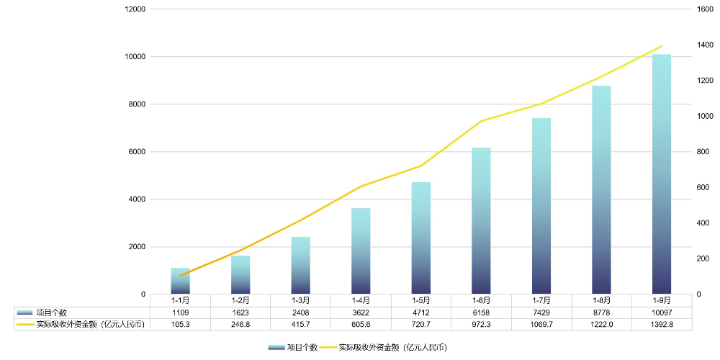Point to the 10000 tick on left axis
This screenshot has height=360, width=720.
tap(135, 57)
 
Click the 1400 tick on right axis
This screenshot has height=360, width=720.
tap(705, 45)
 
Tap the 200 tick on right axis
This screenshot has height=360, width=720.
tap(703, 258)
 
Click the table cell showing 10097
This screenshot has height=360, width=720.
tap(662, 312)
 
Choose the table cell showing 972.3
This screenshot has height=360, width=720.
tap(482, 325)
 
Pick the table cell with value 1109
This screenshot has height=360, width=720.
tap(180, 312)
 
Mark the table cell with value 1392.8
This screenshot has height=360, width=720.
tap(662, 325)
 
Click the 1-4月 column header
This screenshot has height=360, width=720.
tap(361, 300)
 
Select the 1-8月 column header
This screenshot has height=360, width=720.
tap(602, 300)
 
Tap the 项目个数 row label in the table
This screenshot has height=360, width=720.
tap(51, 312)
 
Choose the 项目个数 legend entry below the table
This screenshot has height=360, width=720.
tap(292, 347)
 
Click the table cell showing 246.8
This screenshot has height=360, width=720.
tap(240, 325)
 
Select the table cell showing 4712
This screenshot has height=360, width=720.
tap(421, 312)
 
